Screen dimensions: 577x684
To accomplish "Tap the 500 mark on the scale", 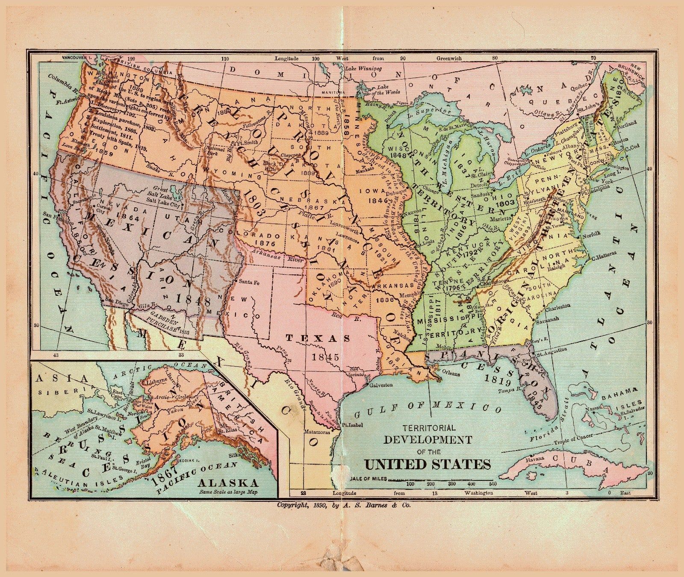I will [492, 484].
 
